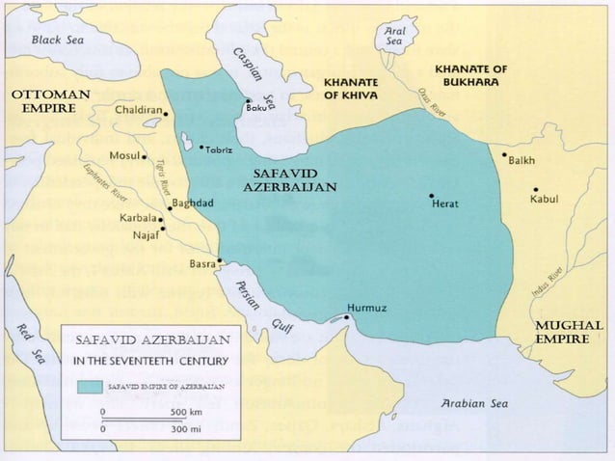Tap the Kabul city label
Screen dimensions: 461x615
point(544,200)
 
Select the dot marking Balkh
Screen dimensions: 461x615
point(503,154)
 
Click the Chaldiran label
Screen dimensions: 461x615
point(138,111)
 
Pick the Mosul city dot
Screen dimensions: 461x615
point(144,155)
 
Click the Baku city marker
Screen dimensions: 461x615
point(248,100)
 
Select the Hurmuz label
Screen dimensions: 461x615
point(366,308)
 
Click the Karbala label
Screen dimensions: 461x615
point(137,219)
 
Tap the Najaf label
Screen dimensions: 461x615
point(145,233)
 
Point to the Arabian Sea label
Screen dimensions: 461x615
point(473,403)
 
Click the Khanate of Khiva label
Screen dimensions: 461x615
point(351,89)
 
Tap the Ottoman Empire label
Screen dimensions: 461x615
point(50,100)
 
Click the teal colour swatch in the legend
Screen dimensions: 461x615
point(90,385)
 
